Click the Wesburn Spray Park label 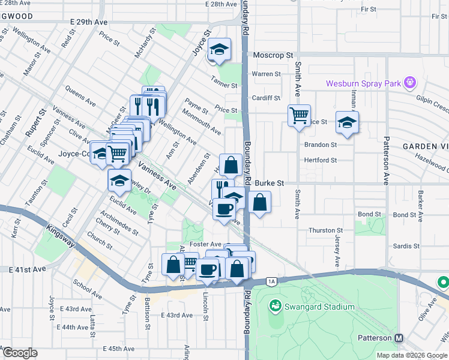pos(363,83)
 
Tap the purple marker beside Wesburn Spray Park pos(410,82)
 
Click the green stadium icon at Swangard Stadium pos(276,307)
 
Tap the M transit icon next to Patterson pos(400,338)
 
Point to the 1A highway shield pos(271,281)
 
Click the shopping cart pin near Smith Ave pos(299,115)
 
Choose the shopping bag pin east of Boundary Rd pos(259,202)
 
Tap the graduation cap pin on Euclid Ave pos(120,179)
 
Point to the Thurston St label pos(325,230)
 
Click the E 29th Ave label pos(88,22)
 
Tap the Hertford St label pos(321,160)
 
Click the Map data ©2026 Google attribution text pos(411,355)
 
